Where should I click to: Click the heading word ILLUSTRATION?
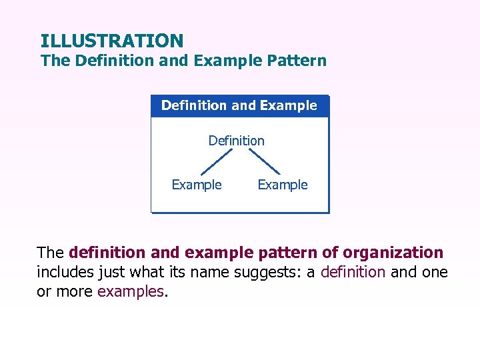[x=111, y=41]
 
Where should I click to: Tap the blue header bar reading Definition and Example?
[x=239, y=105]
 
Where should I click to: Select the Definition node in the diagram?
[x=236, y=141]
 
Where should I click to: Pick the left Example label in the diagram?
[x=197, y=185]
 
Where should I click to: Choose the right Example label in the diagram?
[x=283, y=185]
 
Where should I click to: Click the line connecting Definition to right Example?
[x=264, y=163]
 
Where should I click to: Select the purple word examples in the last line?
[x=131, y=291]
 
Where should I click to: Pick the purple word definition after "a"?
[x=353, y=272]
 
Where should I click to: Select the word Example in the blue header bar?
[x=288, y=105]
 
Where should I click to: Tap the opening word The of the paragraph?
[x=51, y=253]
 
